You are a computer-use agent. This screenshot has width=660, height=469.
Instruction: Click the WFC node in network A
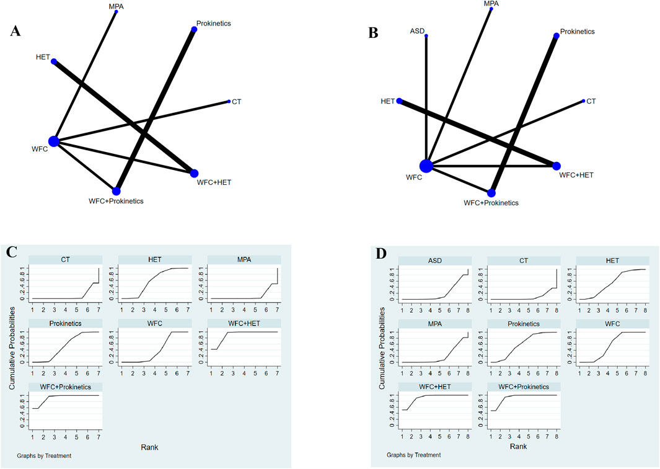(x=54, y=141)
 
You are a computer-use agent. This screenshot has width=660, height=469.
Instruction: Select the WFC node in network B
(x=426, y=166)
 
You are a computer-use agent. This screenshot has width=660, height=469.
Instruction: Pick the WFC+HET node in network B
(x=557, y=166)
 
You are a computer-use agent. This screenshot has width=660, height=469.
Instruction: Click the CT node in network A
(x=229, y=102)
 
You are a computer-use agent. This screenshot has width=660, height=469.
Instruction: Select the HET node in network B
(x=400, y=100)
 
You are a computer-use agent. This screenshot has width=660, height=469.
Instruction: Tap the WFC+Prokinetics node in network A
(x=117, y=191)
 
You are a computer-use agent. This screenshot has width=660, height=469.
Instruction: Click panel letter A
(x=17, y=33)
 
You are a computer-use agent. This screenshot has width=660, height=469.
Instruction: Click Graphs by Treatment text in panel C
(x=44, y=456)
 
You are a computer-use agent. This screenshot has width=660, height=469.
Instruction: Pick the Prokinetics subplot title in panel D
(x=522, y=323)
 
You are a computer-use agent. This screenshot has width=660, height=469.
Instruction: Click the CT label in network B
(x=591, y=101)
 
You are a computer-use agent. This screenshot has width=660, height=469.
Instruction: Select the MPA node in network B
(x=491, y=9)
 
